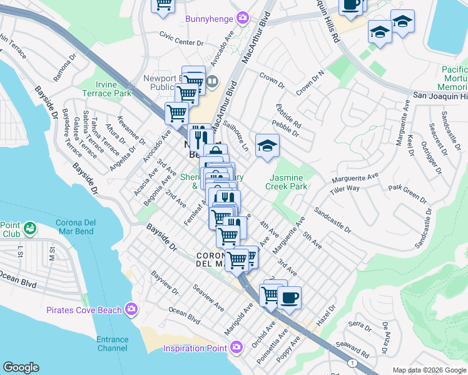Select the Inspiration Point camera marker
(x=236, y=347)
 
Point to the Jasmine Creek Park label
(x=286, y=181)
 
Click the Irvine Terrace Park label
(x=104, y=89)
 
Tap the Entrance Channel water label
(x=113, y=344)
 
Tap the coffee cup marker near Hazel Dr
(x=288, y=297)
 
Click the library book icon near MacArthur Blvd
(x=212, y=81)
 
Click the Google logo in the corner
(x=21, y=367)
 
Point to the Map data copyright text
(x=429, y=370)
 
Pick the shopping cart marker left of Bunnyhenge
(x=163, y=6)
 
